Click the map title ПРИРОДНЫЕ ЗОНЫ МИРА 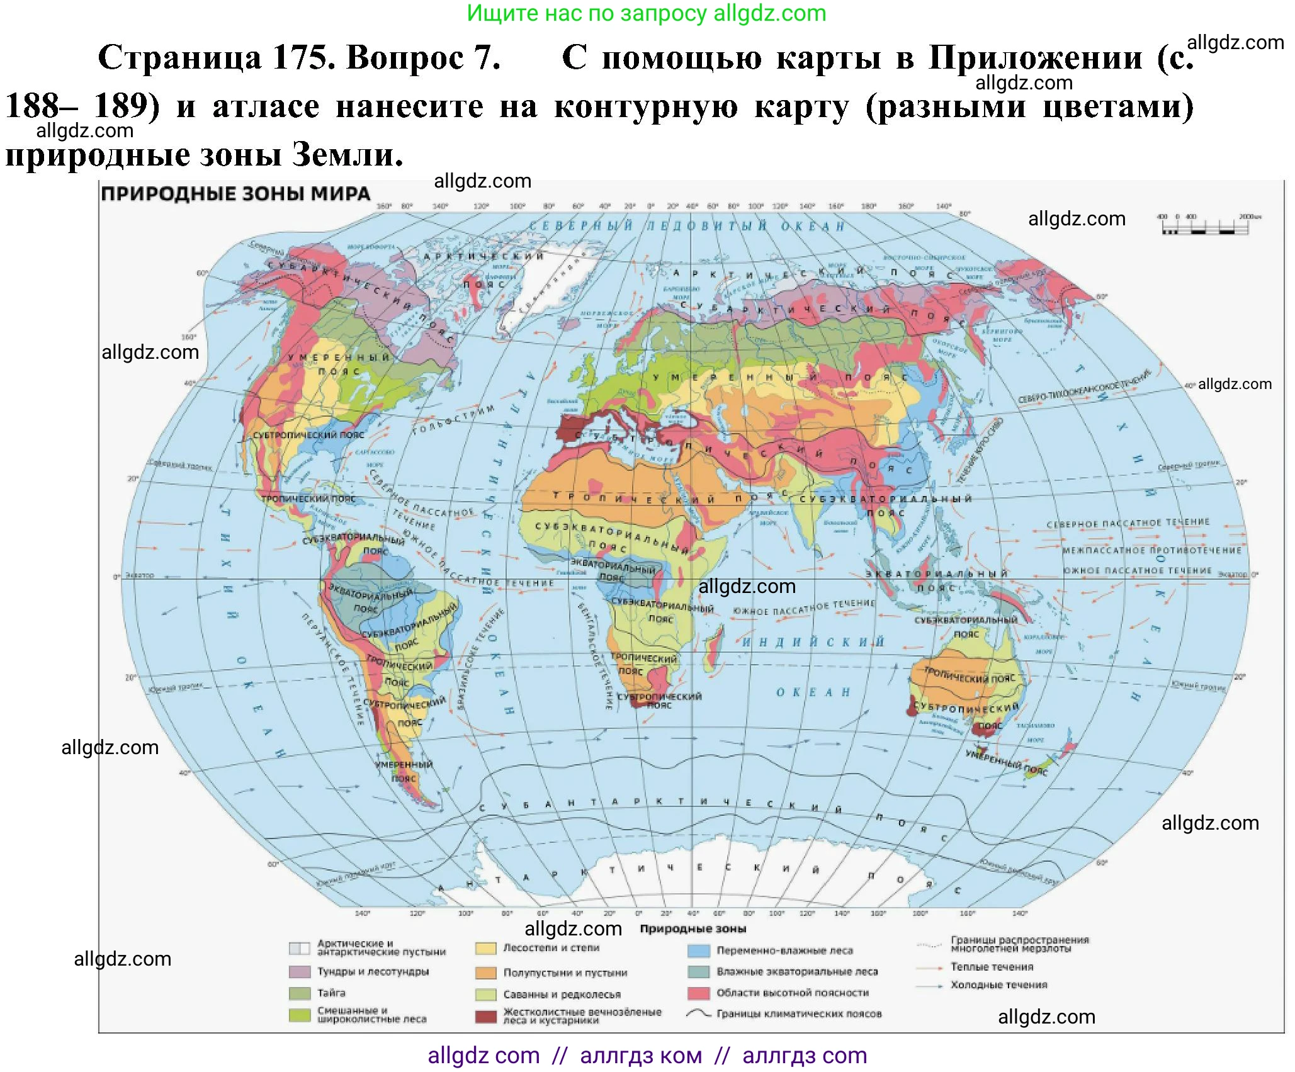236,194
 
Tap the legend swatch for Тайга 300,993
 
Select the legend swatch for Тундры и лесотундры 300,972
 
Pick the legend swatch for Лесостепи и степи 486,949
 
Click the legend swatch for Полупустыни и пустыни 486,973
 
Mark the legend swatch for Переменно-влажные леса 699,951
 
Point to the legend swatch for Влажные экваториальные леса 699,972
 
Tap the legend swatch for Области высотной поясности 699,993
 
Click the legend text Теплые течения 992,967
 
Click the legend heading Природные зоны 693,929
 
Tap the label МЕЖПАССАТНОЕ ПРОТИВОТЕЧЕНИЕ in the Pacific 1151,550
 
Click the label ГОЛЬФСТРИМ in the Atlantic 453,420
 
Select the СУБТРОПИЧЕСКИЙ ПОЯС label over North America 308,435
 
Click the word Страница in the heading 180,58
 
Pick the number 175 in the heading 299,58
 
